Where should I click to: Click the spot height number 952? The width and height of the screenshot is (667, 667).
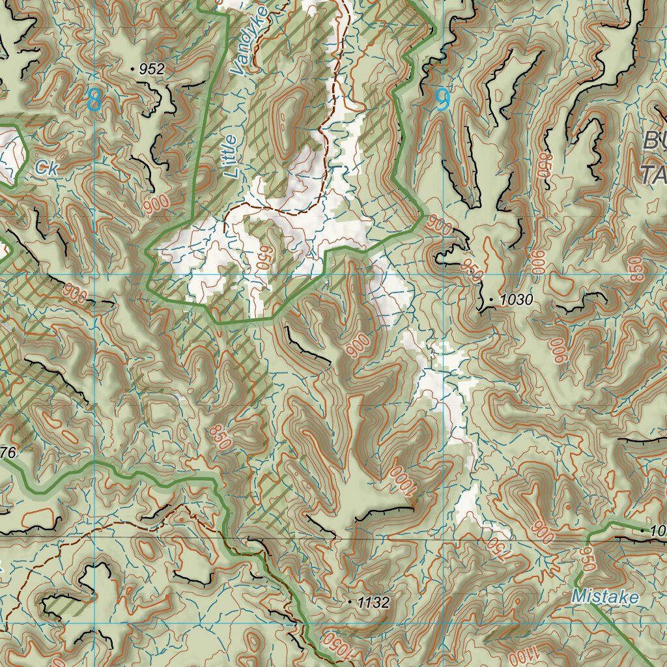coord(152,69)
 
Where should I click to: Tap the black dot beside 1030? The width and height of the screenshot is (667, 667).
coord(491,300)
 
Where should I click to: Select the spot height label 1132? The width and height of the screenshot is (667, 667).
coord(373,603)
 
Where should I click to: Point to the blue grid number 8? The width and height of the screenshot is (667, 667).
coord(94,100)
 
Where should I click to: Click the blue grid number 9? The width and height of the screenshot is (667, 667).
coord(442,98)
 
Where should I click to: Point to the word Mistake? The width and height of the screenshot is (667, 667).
coord(605,596)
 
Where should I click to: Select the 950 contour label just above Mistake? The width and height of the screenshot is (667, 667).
coord(587,558)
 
